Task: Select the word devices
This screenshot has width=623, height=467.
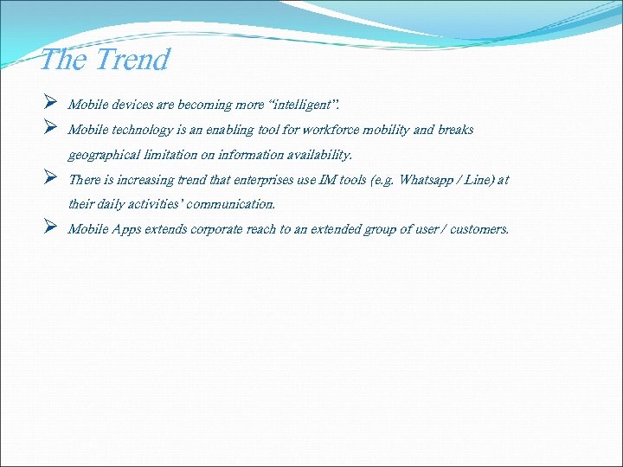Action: [x=131, y=105]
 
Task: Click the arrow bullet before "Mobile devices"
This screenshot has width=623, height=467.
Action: [x=50, y=104]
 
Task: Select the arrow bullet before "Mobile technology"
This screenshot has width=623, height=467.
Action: [x=50, y=129]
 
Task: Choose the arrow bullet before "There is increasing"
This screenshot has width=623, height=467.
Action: [x=50, y=179]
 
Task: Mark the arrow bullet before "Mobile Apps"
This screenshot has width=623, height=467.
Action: [x=50, y=228]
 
